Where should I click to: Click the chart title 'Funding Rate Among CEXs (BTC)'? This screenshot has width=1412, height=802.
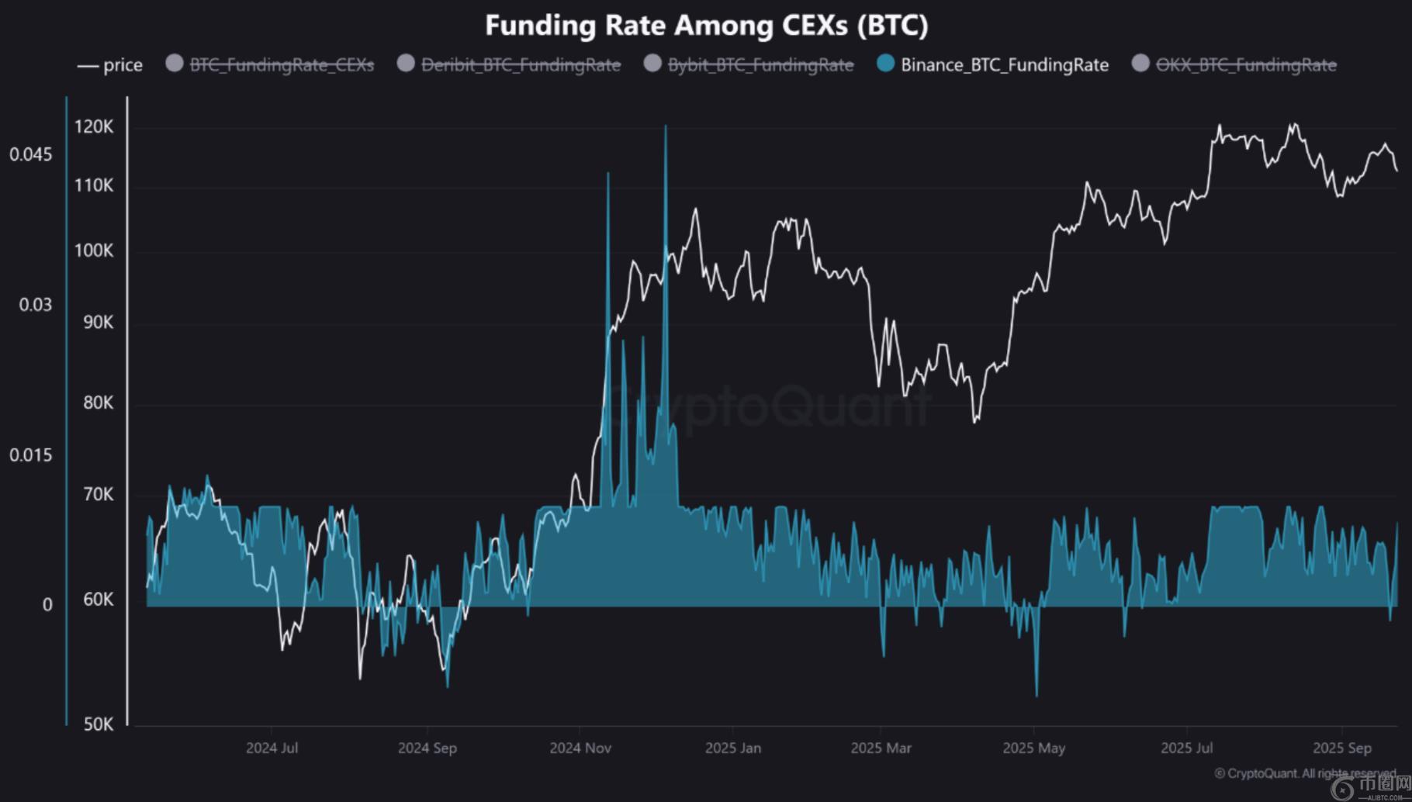click(x=706, y=26)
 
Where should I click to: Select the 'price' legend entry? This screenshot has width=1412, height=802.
click(x=111, y=65)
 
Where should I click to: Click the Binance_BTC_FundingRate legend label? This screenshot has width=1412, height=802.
click(x=1004, y=65)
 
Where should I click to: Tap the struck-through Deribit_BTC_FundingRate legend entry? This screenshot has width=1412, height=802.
click(x=521, y=65)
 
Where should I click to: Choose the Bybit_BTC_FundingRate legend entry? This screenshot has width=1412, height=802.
click(x=760, y=65)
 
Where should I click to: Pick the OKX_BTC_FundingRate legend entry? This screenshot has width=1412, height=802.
click(x=1246, y=65)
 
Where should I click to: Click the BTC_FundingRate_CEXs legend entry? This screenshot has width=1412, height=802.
click(x=282, y=65)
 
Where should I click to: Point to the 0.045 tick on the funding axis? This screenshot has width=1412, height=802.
click(x=31, y=154)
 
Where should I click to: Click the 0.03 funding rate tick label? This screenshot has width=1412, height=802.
click(x=36, y=305)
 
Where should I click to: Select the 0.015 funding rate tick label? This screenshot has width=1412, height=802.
click(x=31, y=455)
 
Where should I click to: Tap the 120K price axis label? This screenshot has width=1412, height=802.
click(x=94, y=127)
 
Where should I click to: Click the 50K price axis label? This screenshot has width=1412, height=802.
click(x=99, y=724)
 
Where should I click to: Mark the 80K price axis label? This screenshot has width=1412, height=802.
click(x=99, y=403)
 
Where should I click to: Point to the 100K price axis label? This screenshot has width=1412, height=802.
click(x=94, y=251)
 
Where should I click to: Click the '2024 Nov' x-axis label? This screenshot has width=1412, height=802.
click(x=580, y=748)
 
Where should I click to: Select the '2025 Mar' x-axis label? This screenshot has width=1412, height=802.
click(x=881, y=748)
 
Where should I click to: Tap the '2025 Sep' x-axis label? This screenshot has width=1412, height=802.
click(x=1342, y=748)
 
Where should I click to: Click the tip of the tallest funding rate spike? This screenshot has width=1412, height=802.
click(x=665, y=126)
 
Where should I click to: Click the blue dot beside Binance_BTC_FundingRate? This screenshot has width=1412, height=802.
click(x=885, y=64)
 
